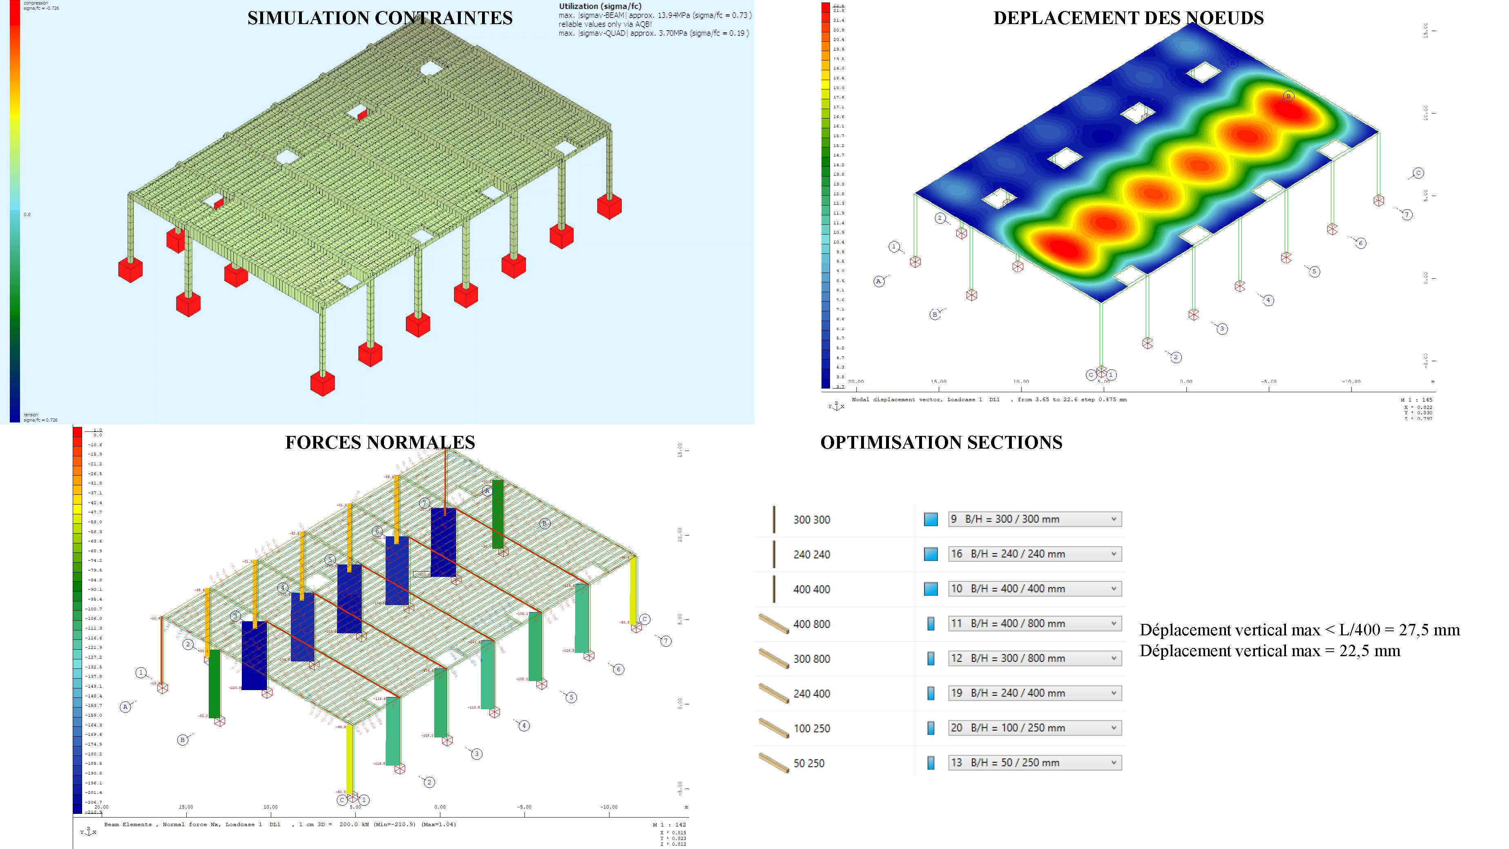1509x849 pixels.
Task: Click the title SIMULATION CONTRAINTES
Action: pos(379,18)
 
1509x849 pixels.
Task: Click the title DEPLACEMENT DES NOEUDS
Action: pos(1128,18)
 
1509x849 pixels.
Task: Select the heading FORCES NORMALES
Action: pos(379,442)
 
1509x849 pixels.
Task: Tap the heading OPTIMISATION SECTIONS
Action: pos(941,442)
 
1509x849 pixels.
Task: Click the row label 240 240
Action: pos(811,554)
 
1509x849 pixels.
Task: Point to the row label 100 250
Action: pos(811,728)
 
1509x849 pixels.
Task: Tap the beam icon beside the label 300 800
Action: pos(773,659)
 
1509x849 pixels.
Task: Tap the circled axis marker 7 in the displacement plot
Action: pos(1406,214)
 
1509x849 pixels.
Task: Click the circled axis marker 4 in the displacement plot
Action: pos(1268,300)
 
